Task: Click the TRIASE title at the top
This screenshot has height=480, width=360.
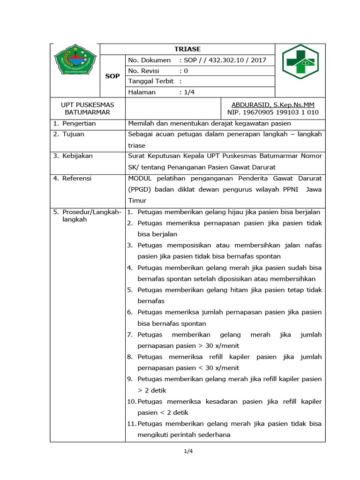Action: (x=187, y=49)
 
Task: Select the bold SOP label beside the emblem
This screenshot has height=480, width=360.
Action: (x=112, y=76)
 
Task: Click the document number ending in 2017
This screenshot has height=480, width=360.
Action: (x=223, y=60)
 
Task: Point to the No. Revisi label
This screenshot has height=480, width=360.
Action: (x=144, y=71)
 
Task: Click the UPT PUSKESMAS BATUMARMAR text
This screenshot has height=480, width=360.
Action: (x=88, y=108)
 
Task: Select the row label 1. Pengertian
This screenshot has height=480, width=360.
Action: (x=75, y=123)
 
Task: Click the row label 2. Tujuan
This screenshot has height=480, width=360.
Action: (x=68, y=134)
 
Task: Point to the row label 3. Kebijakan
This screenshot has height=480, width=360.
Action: (x=73, y=156)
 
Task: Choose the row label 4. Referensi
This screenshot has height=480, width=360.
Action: (x=72, y=178)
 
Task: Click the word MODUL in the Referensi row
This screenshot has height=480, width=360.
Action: (x=139, y=178)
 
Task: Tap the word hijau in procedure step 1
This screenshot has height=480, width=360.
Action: (x=230, y=212)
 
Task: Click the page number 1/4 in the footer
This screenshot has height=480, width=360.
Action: (x=188, y=451)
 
